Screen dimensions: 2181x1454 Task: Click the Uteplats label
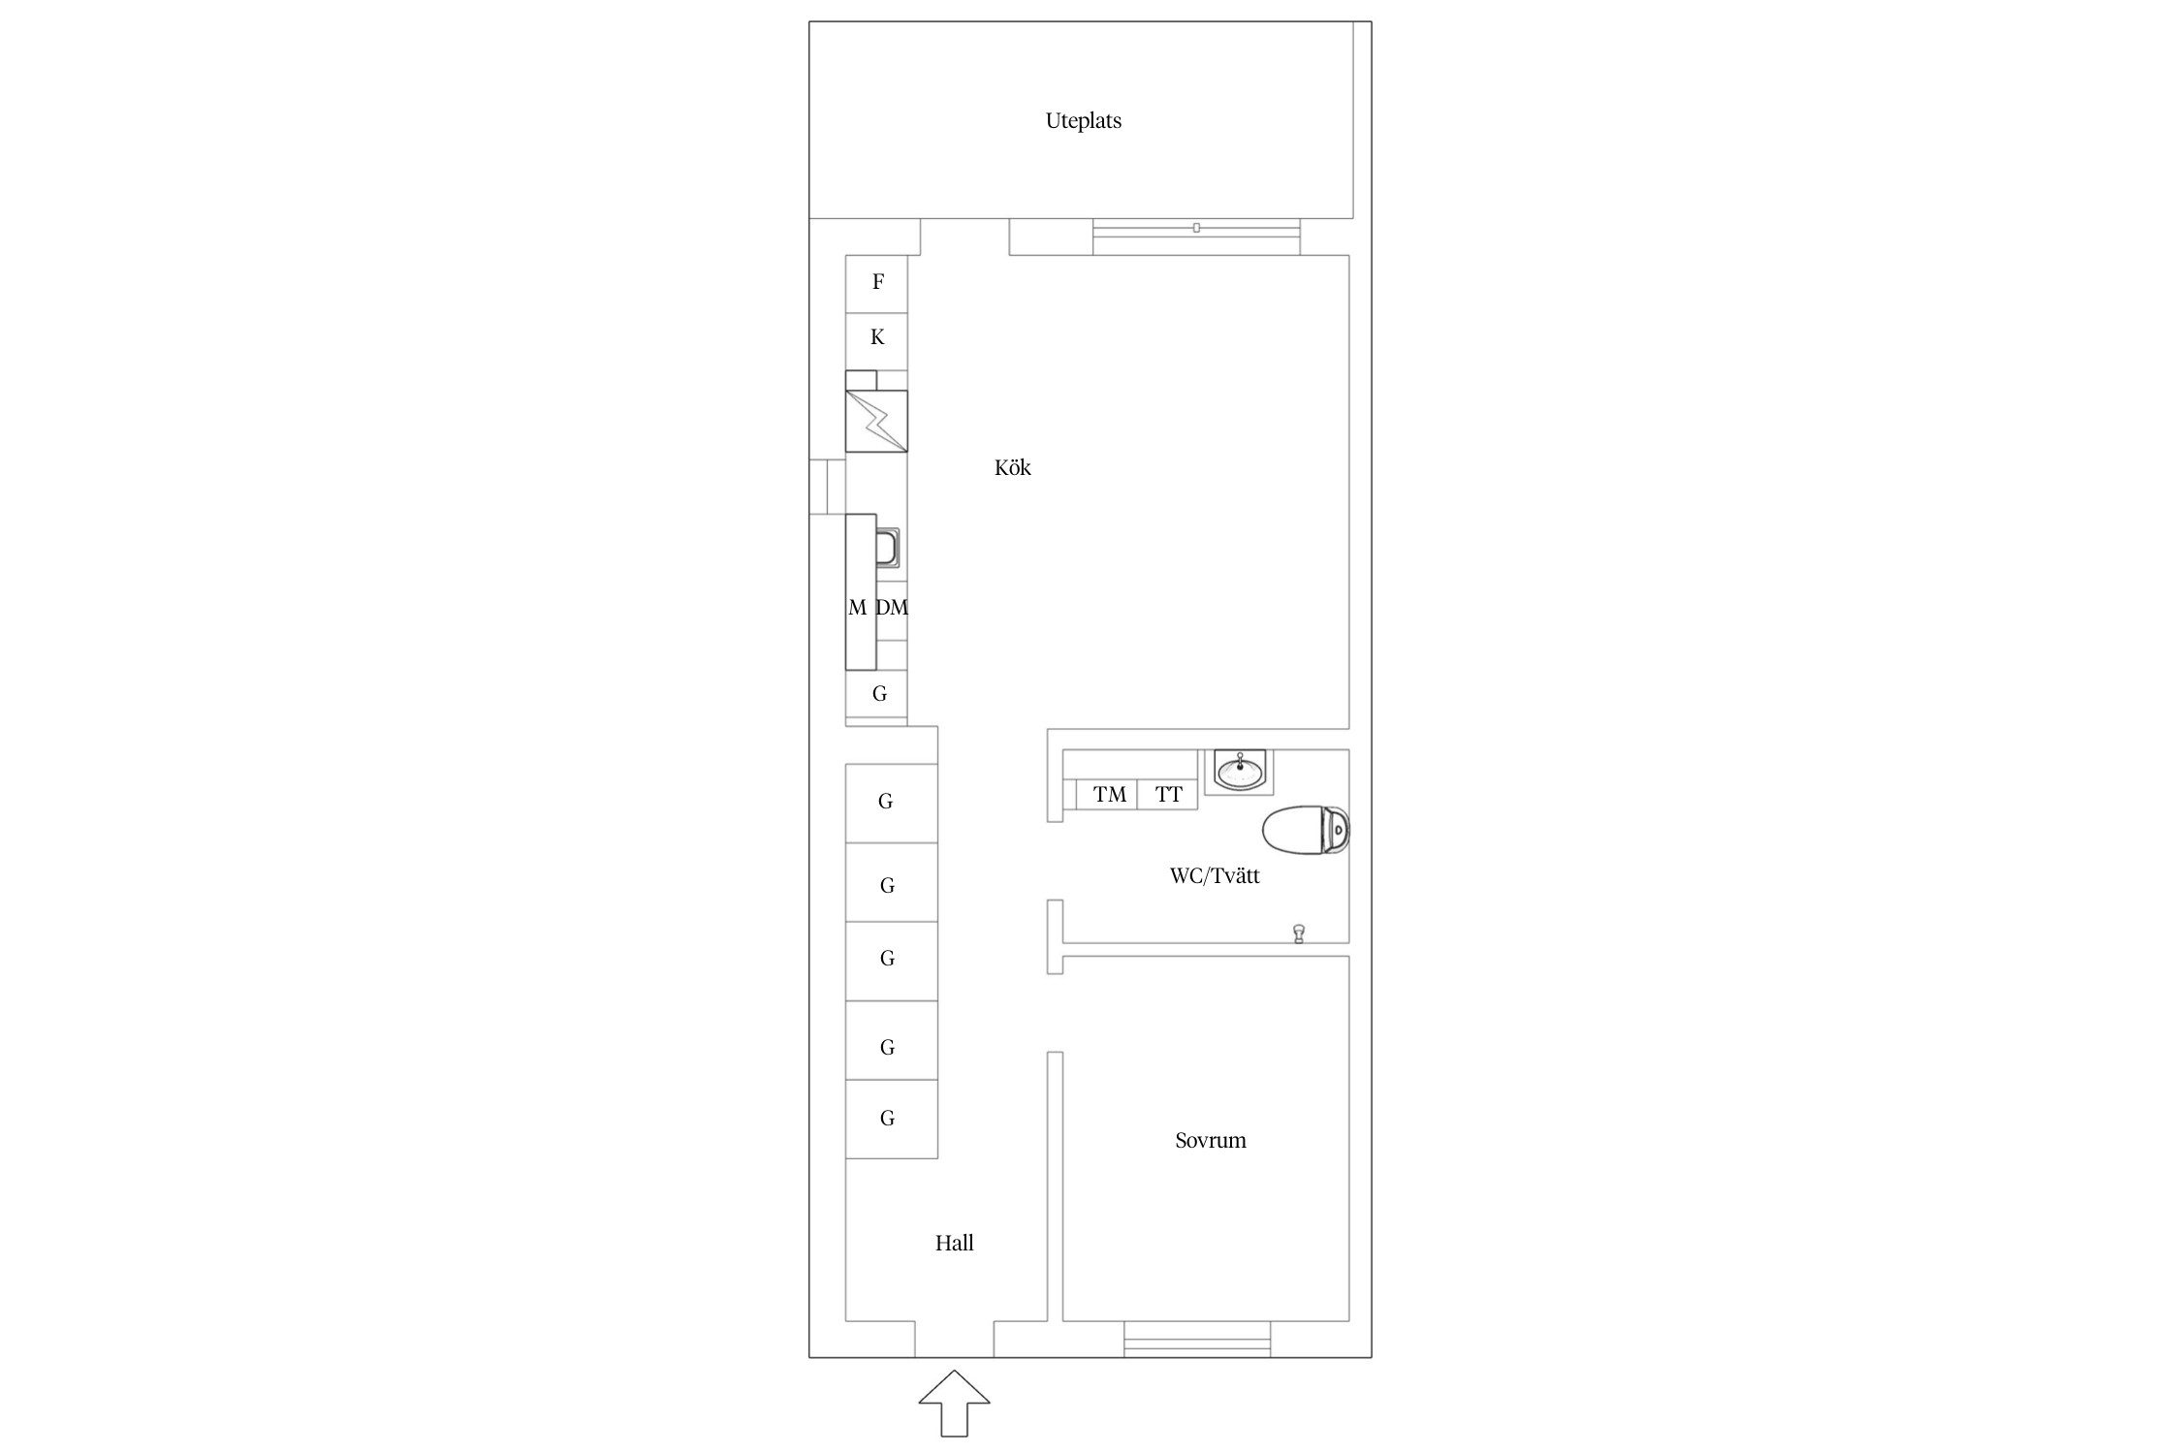pyautogui.click(x=1083, y=121)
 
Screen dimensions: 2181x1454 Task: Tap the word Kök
pyautogui.click(x=1012, y=467)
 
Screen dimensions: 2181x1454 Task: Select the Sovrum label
pyautogui.click(x=1210, y=1140)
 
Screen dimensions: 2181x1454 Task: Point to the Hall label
pyautogui.click(x=954, y=1243)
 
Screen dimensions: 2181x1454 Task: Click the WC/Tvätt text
pyautogui.click(x=1215, y=875)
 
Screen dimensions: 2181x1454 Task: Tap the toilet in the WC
pyautogui.click(x=1306, y=831)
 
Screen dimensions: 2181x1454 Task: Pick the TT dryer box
pyautogui.click(x=1167, y=794)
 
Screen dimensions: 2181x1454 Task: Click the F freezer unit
pyautogui.click(x=876, y=284)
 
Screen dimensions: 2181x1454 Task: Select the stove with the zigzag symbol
pyautogui.click(x=876, y=421)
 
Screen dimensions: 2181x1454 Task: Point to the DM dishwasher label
pyautogui.click(x=892, y=608)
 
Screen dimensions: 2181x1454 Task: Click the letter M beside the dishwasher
pyautogui.click(x=857, y=608)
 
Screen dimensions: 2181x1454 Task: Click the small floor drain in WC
pyautogui.click(x=1299, y=933)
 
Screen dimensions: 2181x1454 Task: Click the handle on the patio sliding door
pyautogui.click(x=1196, y=228)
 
